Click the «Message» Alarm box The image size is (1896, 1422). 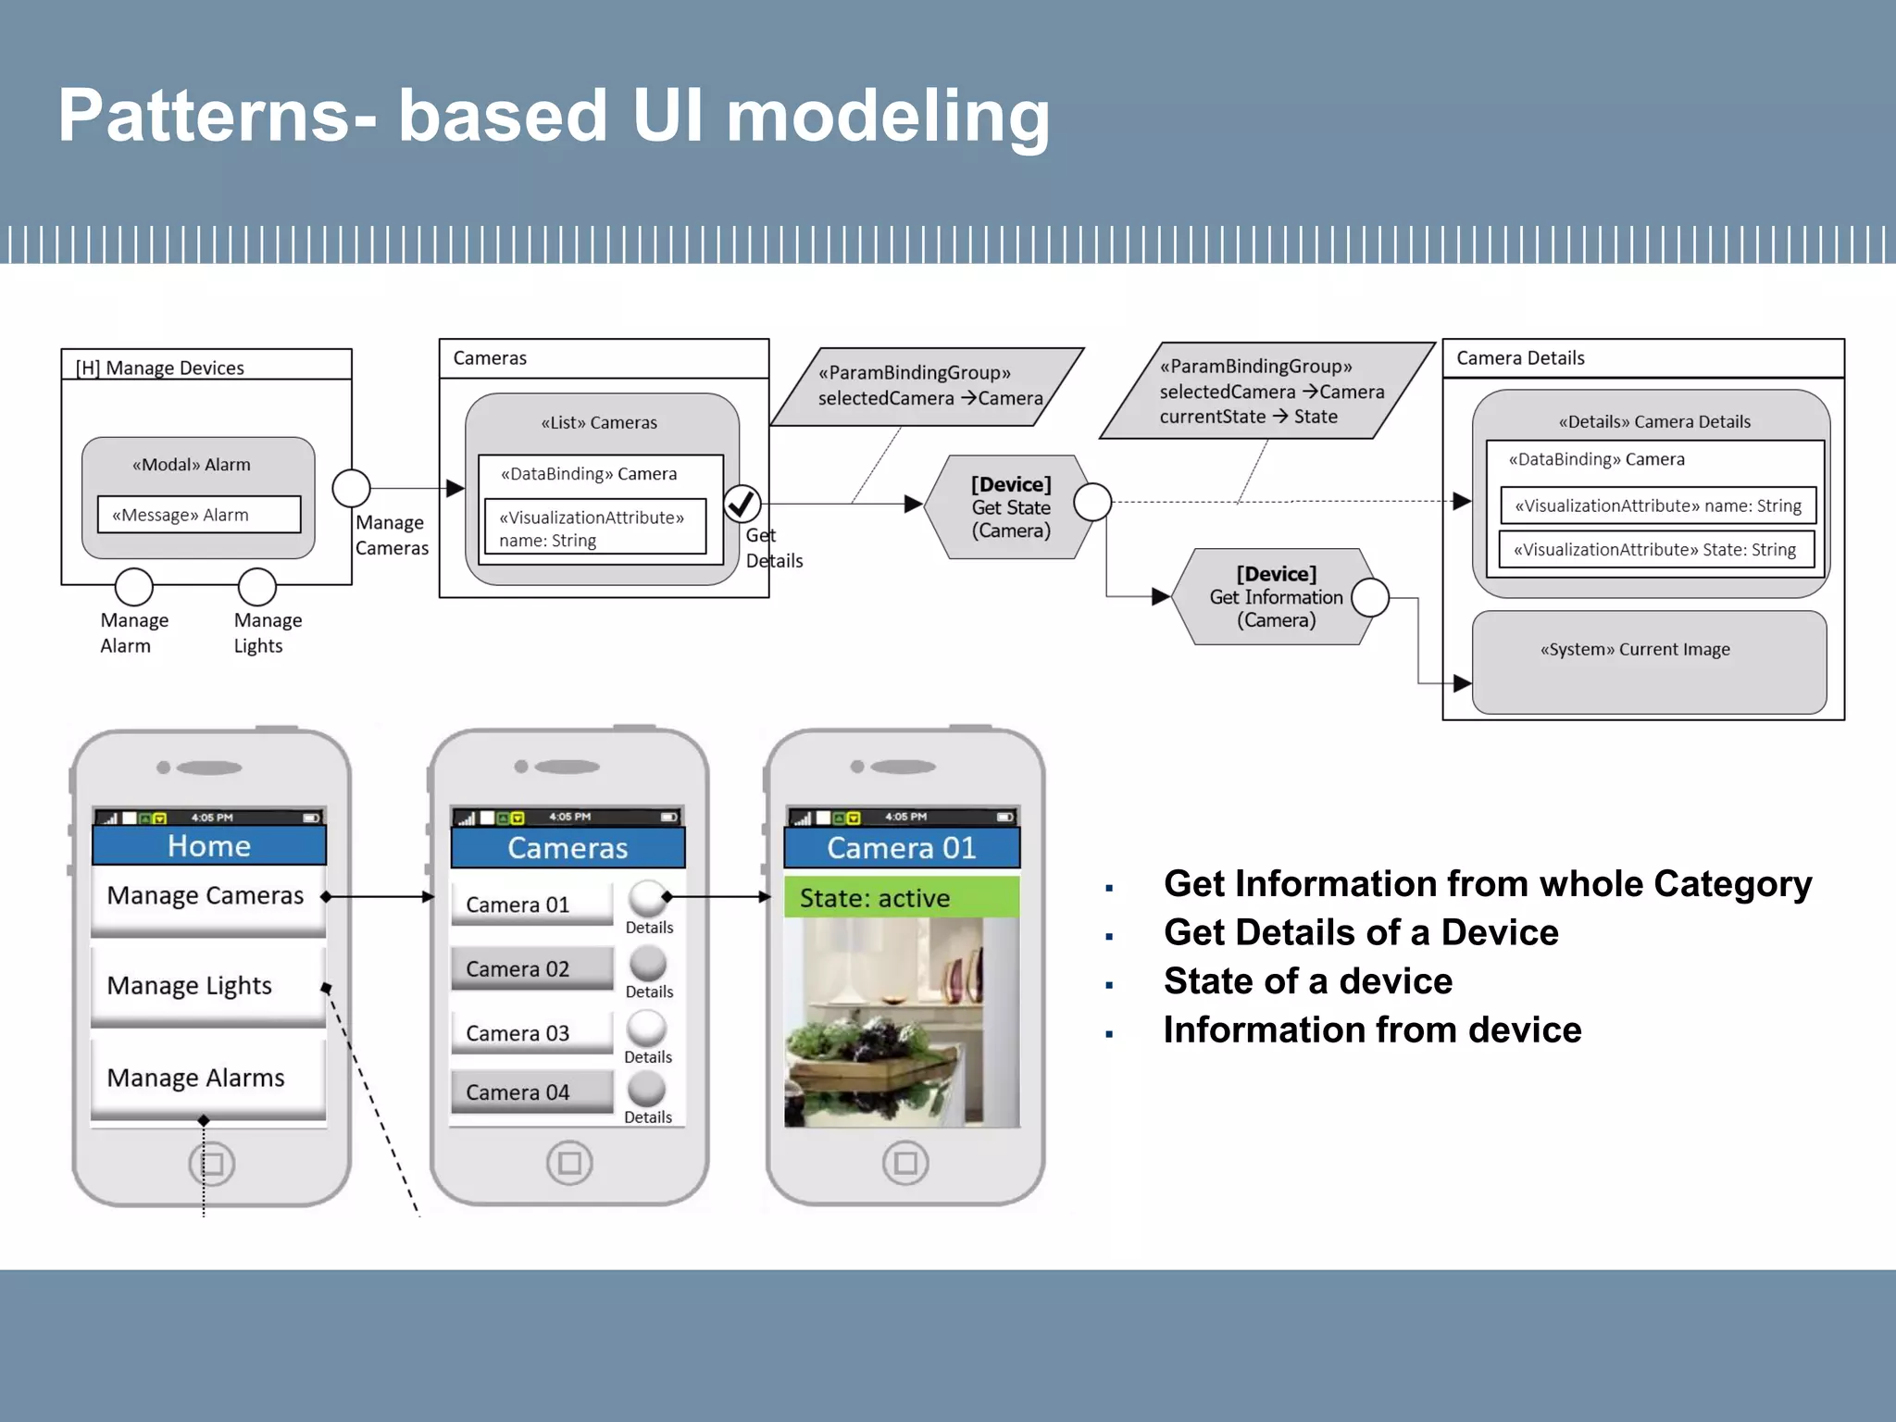[x=199, y=515]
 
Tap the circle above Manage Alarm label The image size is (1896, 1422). [x=134, y=587]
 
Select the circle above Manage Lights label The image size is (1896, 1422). [x=257, y=587]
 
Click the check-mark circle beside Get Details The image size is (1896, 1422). [x=742, y=504]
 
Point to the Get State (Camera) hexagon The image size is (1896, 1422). [x=1010, y=507]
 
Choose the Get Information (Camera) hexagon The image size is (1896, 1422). [x=1275, y=597]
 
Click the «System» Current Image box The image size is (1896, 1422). [x=1648, y=662]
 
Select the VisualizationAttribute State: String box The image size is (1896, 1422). [x=1655, y=550]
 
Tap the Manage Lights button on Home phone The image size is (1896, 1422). [x=208, y=986]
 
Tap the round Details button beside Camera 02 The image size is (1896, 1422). [x=648, y=964]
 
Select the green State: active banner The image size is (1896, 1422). [x=902, y=898]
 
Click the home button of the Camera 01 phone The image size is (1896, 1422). [x=905, y=1163]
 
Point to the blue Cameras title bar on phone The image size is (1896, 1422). [x=568, y=848]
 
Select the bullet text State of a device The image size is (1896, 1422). [x=1307, y=981]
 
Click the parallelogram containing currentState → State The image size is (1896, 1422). [x=1266, y=392]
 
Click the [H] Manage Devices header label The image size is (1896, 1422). [x=160, y=368]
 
